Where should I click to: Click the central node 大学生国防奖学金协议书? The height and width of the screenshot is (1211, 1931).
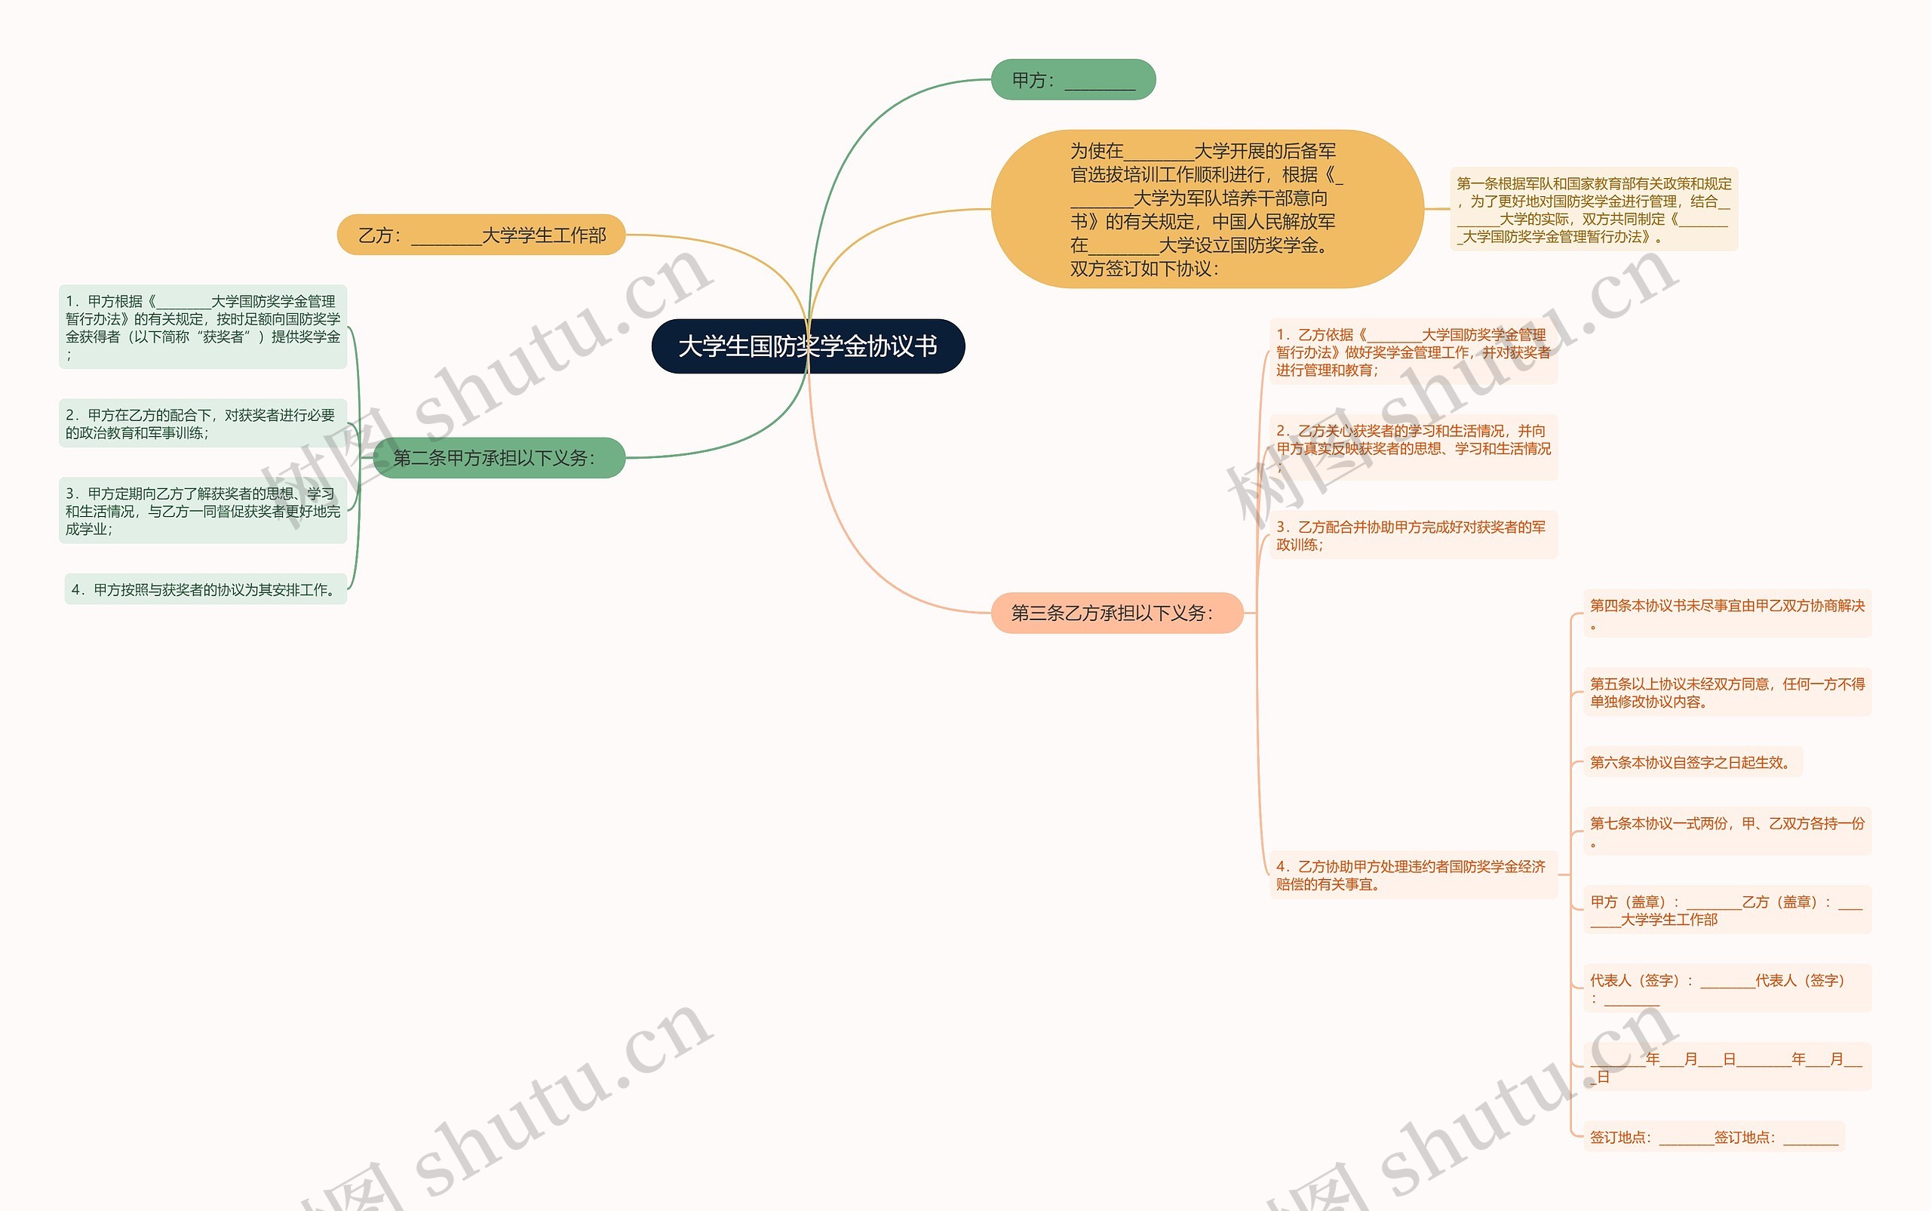click(808, 346)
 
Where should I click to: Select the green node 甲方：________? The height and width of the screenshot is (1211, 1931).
click(1073, 80)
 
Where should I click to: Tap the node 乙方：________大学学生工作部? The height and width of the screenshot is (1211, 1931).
click(481, 235)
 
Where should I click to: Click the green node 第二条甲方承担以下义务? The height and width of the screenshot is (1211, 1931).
click(498, 458)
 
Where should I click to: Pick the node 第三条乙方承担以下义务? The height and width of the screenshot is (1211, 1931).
click(1116, 613)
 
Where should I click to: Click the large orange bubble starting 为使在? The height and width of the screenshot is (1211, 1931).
click(1206, 209)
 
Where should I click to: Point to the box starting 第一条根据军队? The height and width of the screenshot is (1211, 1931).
click(1593, 210)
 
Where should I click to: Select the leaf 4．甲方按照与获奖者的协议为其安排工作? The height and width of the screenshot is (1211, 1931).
click(205, 589)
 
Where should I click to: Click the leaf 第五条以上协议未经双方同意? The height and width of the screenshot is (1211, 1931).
click(1727, 692)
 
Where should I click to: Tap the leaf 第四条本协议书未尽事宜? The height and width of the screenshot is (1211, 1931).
click(1727, 614)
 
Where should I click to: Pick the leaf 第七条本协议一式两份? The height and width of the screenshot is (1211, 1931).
click(1727, 831)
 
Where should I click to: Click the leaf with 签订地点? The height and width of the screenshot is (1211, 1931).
click(1713, 1136)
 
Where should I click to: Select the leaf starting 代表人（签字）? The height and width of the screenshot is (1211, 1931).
click(1727, 988)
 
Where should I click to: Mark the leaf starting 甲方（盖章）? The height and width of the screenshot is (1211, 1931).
click(1727, 910)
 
